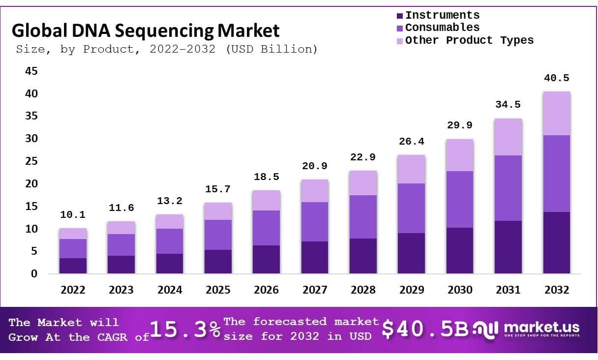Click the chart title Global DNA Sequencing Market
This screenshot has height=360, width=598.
146,30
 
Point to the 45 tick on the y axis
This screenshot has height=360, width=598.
31,71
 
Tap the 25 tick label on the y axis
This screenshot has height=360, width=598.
31,161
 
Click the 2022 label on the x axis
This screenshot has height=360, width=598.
73,290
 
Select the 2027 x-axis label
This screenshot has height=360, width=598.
315,290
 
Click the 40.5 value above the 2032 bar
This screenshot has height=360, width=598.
556,78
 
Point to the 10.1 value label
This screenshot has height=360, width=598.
73,215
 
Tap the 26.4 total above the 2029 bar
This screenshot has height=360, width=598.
411,142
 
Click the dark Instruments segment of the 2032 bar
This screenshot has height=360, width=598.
556,242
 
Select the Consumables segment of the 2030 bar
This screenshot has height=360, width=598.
459,199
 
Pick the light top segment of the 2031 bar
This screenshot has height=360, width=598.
508,137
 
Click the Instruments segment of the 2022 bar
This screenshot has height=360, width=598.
73,266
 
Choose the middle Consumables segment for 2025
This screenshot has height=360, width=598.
218,235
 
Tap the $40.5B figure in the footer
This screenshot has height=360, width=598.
425,330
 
